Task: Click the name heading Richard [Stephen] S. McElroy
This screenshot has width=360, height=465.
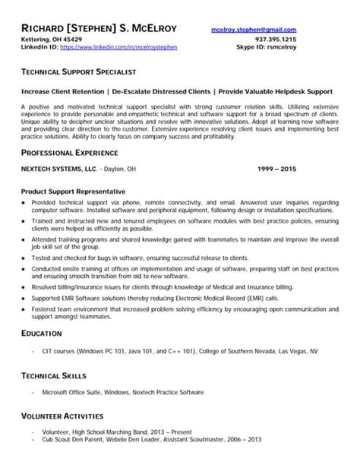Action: pos(99,28)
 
